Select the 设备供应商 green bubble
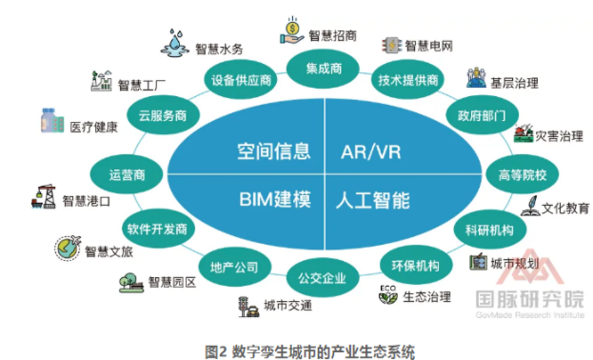[x=241, y=80]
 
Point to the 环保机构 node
[x=415, y=265]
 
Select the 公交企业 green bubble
[x=322, y=277]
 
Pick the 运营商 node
[x=127, y=174]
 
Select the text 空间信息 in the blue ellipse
[x=273, y=150]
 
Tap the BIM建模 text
[x=274, y=200]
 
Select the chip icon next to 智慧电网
[x=389, y=44]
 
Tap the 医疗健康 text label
[x=94, y=126]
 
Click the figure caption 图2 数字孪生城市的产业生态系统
[x=296, y=347]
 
